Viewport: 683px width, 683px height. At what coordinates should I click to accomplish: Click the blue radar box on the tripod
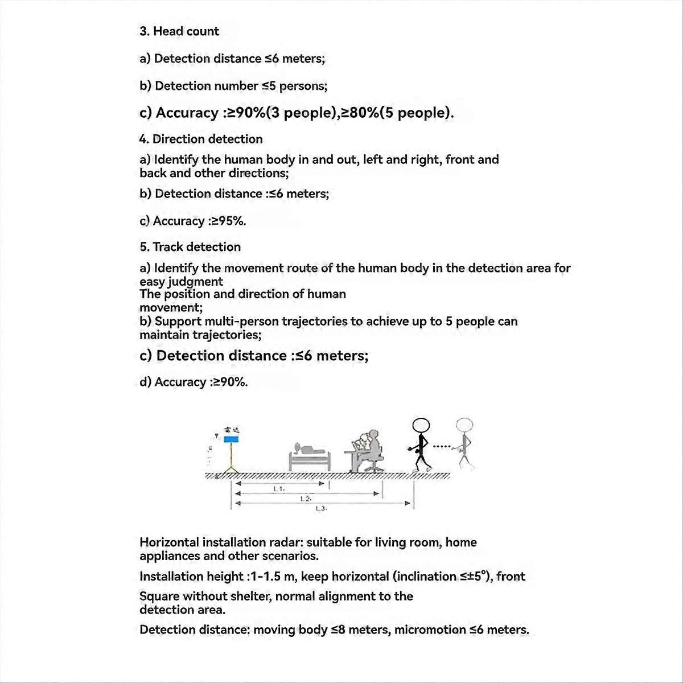[231, 439]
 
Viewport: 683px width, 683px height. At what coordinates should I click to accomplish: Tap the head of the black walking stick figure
[421, 426]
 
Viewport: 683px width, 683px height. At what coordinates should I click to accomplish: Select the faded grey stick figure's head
[464, 425]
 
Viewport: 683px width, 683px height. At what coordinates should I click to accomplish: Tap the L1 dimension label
[279, 488]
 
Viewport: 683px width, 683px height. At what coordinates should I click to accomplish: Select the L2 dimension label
[306, 499]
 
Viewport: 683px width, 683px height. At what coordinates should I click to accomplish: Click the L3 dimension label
[320, 509]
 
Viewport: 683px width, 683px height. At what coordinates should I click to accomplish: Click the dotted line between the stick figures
[442, 446]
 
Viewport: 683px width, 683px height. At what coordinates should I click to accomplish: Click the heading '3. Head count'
[179, 31]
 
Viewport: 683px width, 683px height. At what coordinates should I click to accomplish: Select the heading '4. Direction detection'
[201, 139]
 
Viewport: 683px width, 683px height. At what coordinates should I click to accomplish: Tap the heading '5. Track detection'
[190, 247]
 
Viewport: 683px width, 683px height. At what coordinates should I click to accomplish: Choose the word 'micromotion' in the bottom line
[430, 630]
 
